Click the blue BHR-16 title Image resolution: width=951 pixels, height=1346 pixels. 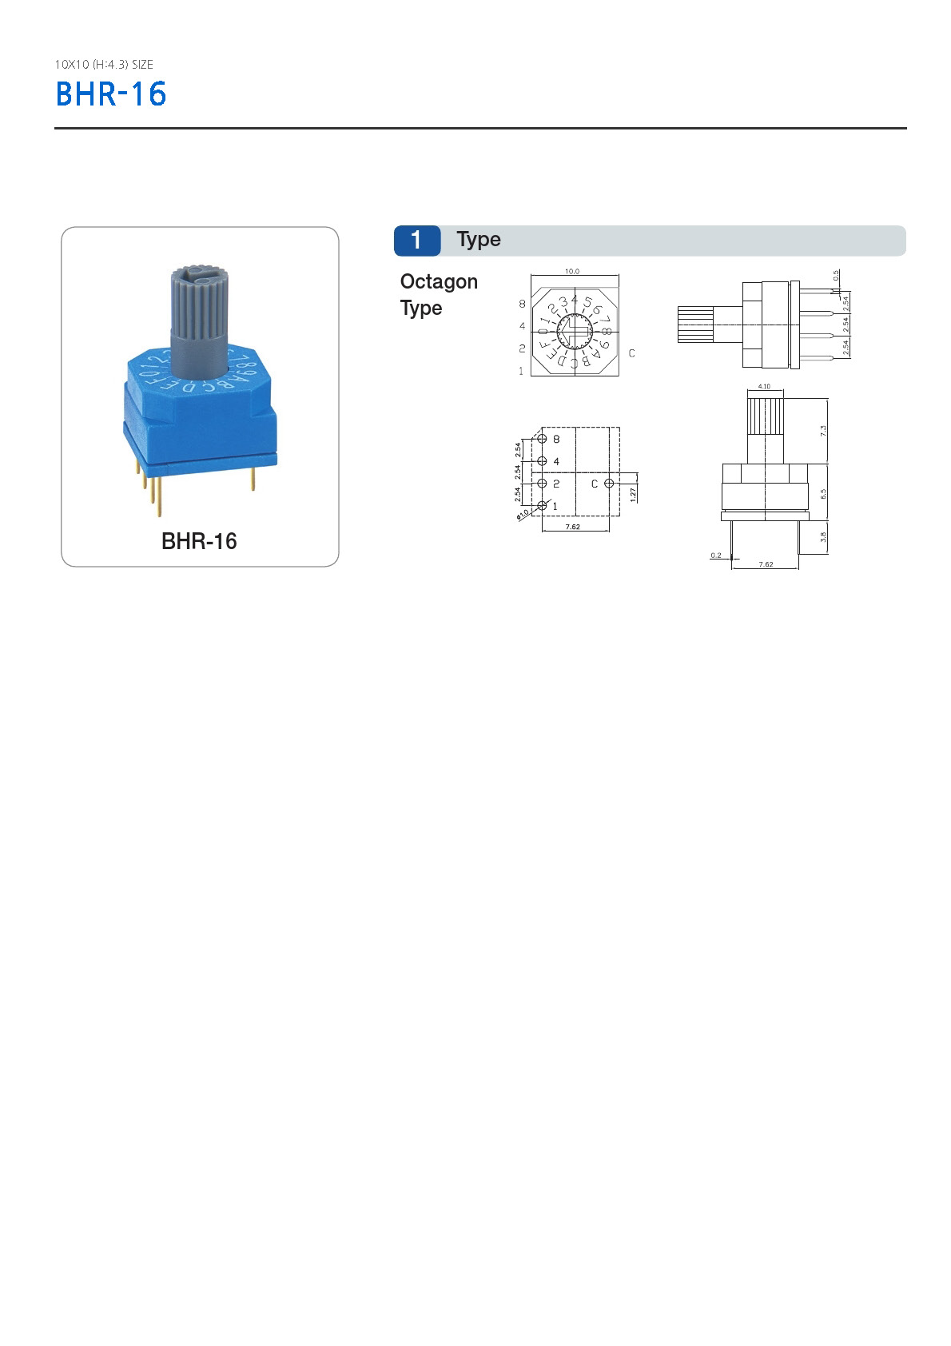click(x=110, y=94)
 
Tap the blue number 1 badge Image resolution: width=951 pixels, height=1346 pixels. click(x=416, y=241)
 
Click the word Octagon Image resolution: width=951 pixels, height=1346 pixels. click(x=439, y=282)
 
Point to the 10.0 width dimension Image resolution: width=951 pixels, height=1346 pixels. click(x=572, y=272)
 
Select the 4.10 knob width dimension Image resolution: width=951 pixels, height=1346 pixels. click(x=764, y=387)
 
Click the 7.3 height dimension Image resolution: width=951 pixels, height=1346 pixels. click(x=823, y=430)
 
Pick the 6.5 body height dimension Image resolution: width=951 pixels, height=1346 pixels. click(x=823, y=494)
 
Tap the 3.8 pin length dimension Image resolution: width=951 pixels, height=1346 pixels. click(x=823, y=537)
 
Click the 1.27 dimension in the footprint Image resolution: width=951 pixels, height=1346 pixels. click(x=633, y=495)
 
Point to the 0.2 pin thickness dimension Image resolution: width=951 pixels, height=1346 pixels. click(x=716, y=555)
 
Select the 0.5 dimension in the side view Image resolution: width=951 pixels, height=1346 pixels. click(x=836, y=276)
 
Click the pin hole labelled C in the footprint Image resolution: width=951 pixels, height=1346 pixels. click(x=609, y=484)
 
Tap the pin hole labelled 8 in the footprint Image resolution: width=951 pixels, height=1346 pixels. click(x=543, y=439)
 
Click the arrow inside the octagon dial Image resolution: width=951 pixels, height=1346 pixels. click(x=573, y=328)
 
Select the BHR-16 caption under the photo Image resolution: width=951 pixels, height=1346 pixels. click(x=199, y=541)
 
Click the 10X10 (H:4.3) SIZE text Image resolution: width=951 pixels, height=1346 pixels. click(x=104, y=65)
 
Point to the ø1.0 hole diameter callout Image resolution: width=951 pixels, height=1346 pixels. click(x=523, y=514)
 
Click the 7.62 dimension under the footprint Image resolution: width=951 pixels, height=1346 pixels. click(x=572, y=528)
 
